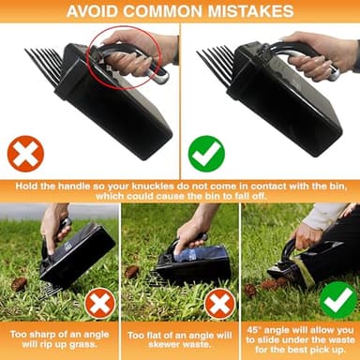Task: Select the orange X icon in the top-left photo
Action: (x=27, y=152)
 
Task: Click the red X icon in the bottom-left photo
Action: (x=99, y=303)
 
